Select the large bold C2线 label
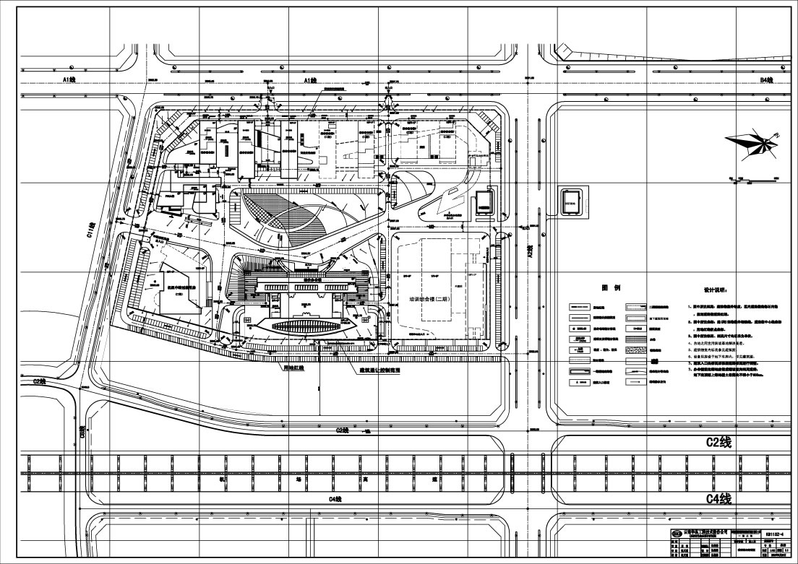pos(718,443)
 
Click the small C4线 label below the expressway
pos(334,499)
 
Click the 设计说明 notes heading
pos(713,292)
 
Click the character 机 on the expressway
pos(223,479)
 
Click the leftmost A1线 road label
pos(70,79)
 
